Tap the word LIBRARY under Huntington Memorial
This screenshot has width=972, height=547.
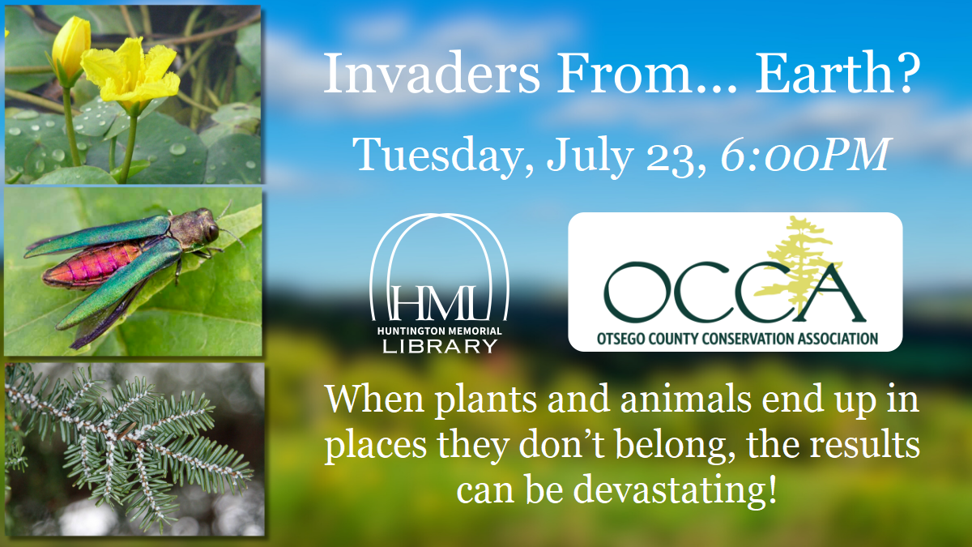point(440,346)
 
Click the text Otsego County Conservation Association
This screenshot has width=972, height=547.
point(735,338)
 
